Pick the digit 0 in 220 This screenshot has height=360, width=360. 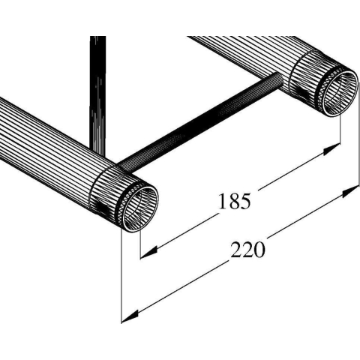[259, 250]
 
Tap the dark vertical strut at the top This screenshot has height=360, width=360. [95, 82]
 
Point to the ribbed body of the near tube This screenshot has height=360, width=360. [45, 150]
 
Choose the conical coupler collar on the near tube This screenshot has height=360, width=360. [112, 187]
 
